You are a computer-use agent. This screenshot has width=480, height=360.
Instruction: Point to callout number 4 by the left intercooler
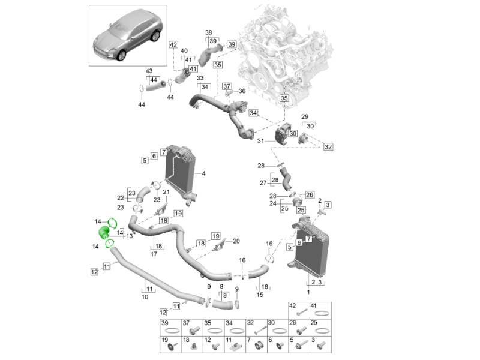(x=204, y=174)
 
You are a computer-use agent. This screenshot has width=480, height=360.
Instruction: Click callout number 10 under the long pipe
(x=145, y=296)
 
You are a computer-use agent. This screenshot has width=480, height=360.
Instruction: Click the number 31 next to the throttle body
(x=260, y=141)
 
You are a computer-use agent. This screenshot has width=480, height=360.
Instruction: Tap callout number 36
(x=242, y=91)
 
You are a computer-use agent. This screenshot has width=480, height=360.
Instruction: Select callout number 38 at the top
(x=208, y=32)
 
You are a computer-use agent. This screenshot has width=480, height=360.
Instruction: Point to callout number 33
(x=200, y=79)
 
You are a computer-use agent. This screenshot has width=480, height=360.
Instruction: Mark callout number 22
(x=120, y=197)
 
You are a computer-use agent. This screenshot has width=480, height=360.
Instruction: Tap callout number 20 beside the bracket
(x=236, y=241)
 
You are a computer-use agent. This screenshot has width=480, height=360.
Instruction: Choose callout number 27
(x=262, y=182)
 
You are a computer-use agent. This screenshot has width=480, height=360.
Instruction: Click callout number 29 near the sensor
(x=304, y=116)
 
